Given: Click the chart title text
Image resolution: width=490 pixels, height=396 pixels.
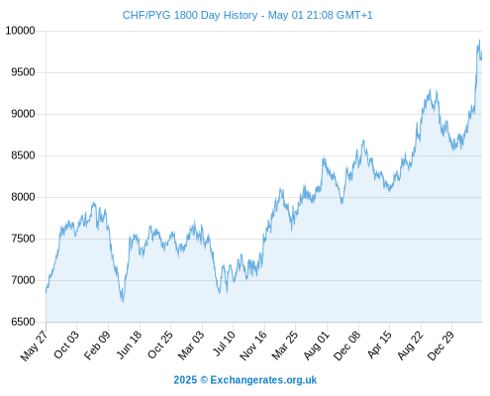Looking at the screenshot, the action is pos(247,15).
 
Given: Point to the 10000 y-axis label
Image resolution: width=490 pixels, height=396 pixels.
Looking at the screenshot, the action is pos(21,31).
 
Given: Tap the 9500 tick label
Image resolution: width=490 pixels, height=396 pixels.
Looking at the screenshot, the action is pos(23,72).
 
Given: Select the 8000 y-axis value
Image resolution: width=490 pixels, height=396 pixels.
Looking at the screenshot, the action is pos(23,197).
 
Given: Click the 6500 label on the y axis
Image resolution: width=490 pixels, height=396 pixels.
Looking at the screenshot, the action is pos(23,322).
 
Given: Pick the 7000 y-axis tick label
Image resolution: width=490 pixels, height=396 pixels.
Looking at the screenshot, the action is pos(23,280).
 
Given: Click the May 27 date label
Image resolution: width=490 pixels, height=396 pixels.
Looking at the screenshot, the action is pos(35,346).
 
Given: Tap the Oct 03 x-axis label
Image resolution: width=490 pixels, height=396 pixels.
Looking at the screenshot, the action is pos(66,345).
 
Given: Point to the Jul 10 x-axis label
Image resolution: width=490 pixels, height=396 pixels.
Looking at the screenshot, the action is pos(225,344).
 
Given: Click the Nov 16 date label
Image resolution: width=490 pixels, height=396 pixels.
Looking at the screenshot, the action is pos(253,346).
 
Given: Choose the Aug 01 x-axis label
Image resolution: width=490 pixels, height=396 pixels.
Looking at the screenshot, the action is pos(317,346).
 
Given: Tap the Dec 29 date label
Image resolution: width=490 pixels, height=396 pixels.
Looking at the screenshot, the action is pos(441,346).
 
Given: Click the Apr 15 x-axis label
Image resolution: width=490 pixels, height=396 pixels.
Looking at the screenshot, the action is pos(380,345).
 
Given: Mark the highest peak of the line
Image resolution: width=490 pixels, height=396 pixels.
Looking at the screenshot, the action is pos(479,41).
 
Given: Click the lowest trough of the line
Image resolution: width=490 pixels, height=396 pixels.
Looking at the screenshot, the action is pos(123,302).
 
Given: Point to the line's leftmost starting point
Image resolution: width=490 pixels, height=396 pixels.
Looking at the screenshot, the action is pos(46,293).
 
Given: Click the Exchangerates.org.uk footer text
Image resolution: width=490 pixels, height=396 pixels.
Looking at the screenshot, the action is pos(263,380).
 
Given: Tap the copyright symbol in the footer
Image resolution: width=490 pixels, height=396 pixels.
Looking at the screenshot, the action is pos(204,380).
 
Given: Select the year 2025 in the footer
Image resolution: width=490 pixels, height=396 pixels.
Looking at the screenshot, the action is pos(185,380).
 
